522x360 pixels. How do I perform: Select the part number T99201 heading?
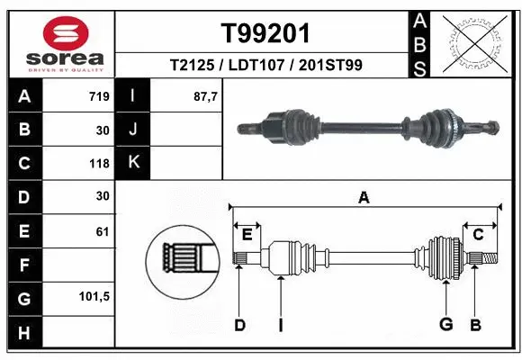265,33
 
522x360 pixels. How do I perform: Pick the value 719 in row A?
99,96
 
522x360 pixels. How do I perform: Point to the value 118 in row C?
99,164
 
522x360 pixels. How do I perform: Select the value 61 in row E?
102,231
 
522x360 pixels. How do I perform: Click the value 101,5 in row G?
94,296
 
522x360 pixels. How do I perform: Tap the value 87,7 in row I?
207,96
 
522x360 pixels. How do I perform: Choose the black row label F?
23,265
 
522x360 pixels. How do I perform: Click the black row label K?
133,163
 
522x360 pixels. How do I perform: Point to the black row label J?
133,130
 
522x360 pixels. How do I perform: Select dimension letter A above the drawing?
364,198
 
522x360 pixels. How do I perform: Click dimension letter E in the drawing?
247,235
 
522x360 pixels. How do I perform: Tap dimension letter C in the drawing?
479,235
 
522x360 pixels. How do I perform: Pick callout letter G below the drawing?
445,325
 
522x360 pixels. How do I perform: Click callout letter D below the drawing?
239,325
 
